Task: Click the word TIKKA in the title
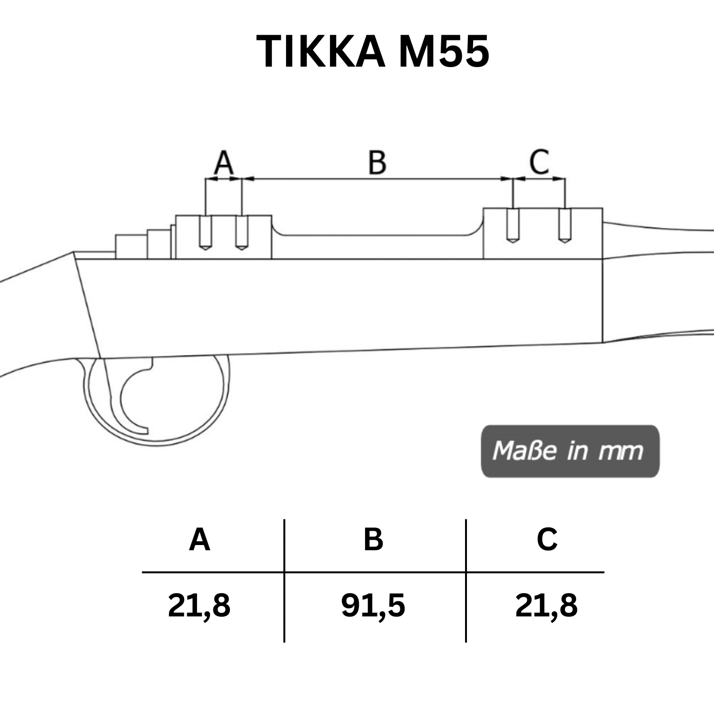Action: pyautogui.click(x=320, y=51)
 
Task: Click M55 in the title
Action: pyautogui.click(x=443, y=51)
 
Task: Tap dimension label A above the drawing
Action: pyautogui.click(x=223, y=162)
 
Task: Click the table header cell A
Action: pyautogui.click(x=199, y=540)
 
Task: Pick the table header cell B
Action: pyautogui.click(x=373, y=540)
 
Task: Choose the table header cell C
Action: pyautogui.click(x=547, y=540)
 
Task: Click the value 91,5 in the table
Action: pyautogui.click(x=373, y=606)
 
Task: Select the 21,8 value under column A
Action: pyautogui.click(x=199, y=606)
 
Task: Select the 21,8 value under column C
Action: pyautogui.click(x=546, y=606)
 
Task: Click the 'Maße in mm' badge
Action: pyautogui.click(x=570, y=451)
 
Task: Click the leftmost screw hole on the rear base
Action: pyautogui.click(x=205, y=233)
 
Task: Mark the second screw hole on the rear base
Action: pyautogui.click(x=242, y=233)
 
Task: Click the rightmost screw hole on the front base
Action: pyautogui.click(x=565, y=226)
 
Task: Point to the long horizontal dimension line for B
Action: pyautogui.click(x=377, y=179)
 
